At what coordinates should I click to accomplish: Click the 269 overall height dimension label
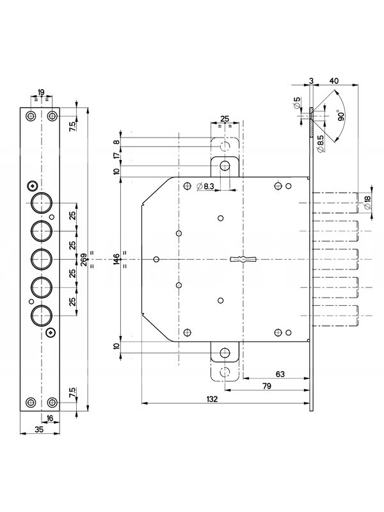click(x=84, y=259)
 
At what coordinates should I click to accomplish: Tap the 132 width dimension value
click(x=212, y=399)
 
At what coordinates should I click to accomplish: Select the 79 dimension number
click(x=267, y=386)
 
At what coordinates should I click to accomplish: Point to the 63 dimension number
click(x=280, y=374)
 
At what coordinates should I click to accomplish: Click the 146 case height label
click(x=117, y=259)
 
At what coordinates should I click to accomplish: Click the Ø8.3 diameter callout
click(x=205, y=186)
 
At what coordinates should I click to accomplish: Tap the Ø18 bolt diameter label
click(x=367, y=203)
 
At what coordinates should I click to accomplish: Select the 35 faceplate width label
click(x=39, y=429)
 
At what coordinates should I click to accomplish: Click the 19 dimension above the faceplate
click(x=41, y=92)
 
